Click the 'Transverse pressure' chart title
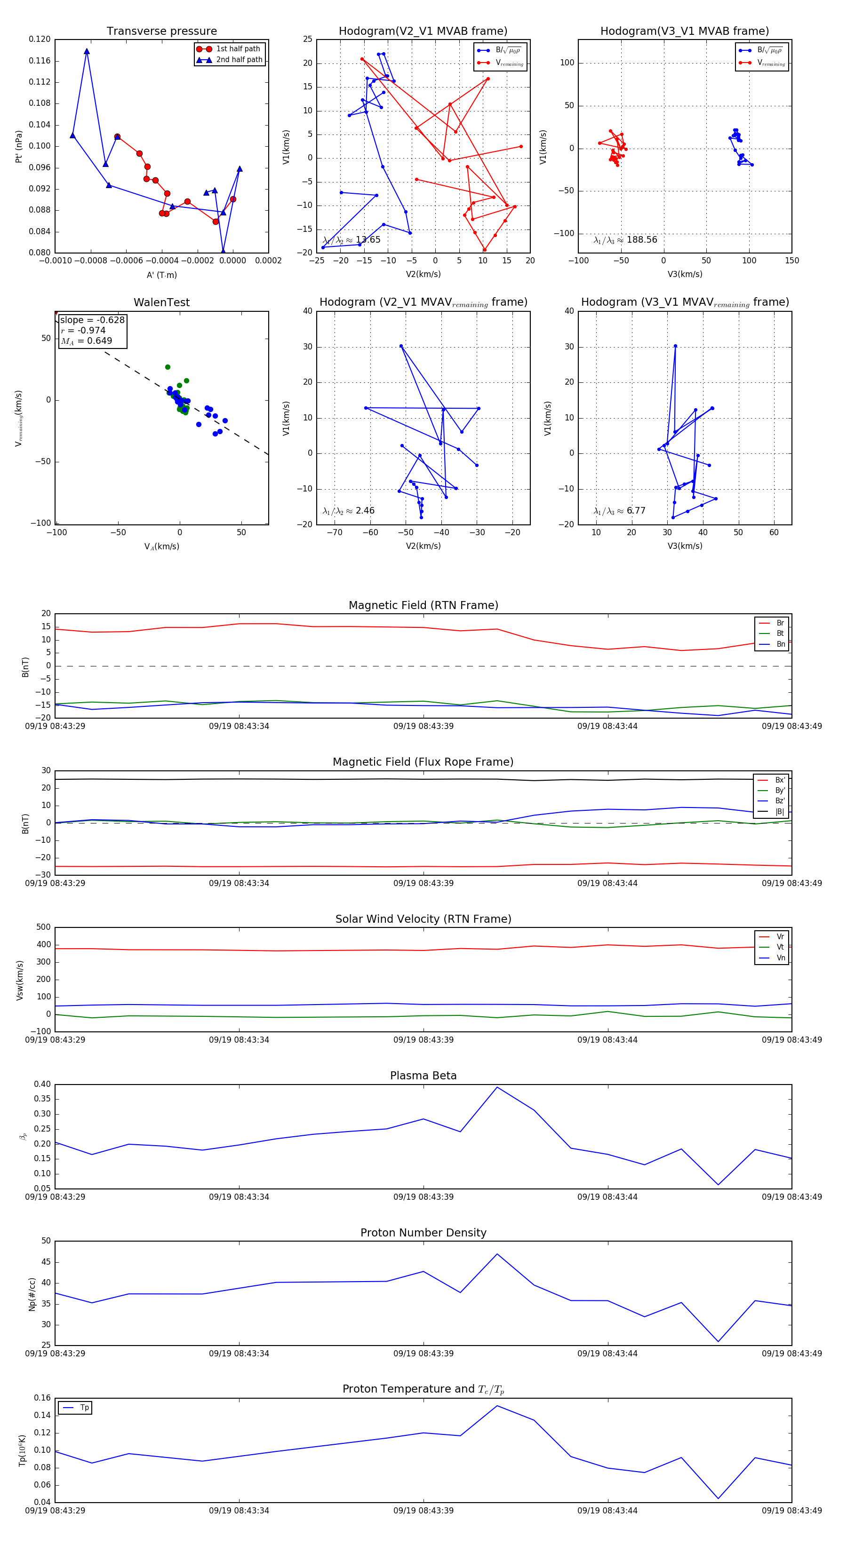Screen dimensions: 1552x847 coord(161,32)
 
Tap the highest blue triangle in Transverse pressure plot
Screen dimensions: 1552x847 coord(87,52)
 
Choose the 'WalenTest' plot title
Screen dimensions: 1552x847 coord(161,302)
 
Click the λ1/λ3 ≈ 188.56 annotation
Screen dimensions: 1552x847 coord(625,240)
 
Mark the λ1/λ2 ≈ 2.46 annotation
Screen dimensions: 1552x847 coord(348,511)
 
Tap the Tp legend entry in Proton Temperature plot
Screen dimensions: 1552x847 coord(84,1408)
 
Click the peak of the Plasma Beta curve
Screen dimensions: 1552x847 coord(497,1087)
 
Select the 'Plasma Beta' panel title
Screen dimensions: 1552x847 coord(423,1076)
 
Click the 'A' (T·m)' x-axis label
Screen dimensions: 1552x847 coord(161,275)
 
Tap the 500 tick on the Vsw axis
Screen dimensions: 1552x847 coord(43,927)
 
